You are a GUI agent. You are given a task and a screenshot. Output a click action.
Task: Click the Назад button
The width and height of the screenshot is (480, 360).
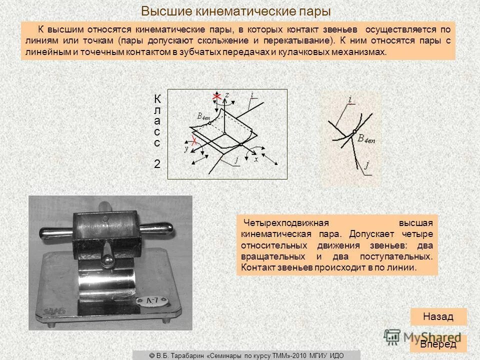(438, 316)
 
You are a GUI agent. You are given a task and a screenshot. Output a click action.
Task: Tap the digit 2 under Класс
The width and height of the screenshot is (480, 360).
(157, 163)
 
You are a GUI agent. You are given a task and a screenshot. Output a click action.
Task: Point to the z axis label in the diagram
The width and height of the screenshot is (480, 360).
(227, 94)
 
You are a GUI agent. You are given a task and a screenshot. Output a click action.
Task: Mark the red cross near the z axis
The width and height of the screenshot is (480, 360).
(217, 96)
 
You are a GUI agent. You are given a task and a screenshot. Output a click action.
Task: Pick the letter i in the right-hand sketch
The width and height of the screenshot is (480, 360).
(349, 100)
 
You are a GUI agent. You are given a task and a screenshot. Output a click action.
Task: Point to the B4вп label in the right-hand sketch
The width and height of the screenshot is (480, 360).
(366, 139)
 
